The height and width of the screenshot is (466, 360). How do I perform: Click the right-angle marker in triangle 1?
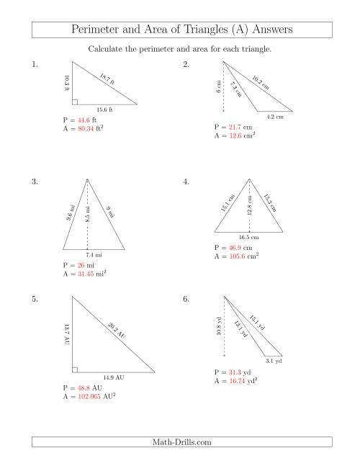[x=74, y=102]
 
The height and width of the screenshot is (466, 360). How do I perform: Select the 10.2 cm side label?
[x=261, y=82]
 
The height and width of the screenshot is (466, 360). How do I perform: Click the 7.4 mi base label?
[x=94, y=255]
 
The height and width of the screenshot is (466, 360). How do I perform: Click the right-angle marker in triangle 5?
[x=74, y=369]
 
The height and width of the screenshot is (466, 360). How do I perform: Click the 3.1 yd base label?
[x=274, y=360]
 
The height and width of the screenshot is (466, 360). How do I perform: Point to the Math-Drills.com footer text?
[x=180, y=444]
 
